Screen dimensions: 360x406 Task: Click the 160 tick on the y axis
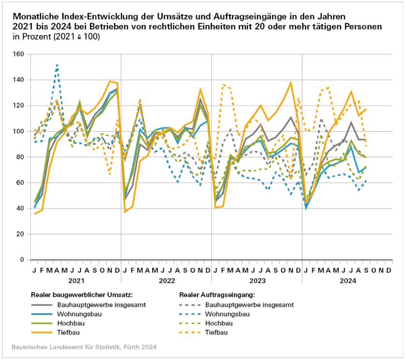coord(19,54)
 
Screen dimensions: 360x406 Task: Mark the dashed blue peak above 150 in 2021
coord(57,64)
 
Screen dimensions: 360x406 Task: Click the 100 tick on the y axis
coord(19,131)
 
